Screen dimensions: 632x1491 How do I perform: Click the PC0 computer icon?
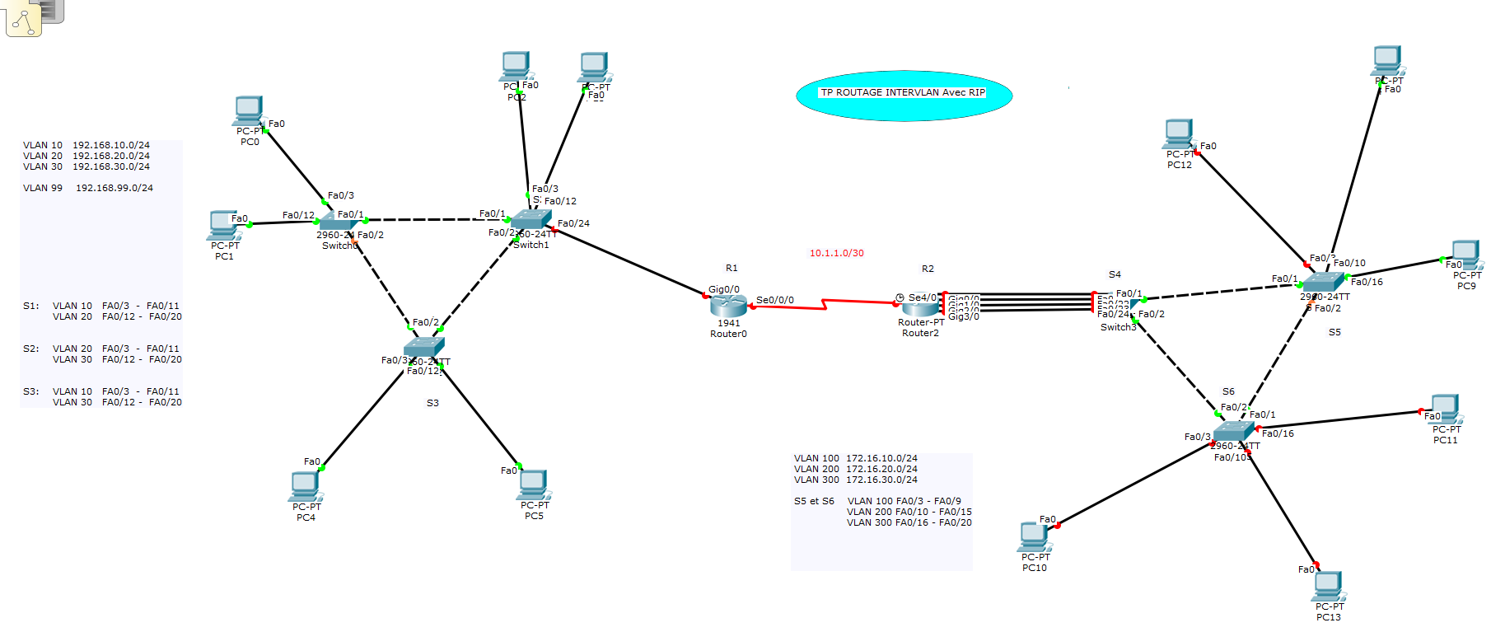point(249,110)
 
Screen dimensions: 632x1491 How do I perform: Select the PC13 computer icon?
point(1328,586)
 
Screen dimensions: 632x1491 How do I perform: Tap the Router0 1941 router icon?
point(728,307)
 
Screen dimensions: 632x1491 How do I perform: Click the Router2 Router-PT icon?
point(919,307)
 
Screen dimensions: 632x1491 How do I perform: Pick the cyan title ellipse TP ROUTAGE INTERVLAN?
point(904,96)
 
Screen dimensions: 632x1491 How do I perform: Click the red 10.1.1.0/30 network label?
point(836,254)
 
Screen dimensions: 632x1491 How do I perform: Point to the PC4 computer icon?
point(306,486)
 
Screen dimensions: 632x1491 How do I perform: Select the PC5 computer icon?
point(534,485)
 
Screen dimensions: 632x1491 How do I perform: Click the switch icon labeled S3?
point(424,347)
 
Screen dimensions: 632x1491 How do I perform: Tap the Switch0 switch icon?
point(337,221)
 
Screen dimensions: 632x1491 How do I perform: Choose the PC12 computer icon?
point(1179,133)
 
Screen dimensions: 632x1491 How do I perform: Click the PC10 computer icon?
point(1034,536)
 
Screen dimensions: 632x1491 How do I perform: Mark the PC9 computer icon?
point(1465,255)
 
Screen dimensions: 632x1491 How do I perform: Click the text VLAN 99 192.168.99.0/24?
point(88,188)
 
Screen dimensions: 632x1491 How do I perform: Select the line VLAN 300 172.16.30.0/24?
point(855,480)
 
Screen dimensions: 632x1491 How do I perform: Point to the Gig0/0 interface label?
point(724,289)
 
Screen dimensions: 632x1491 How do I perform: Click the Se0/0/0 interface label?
point(775,300)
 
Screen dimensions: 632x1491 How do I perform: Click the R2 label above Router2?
point(928,269)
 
